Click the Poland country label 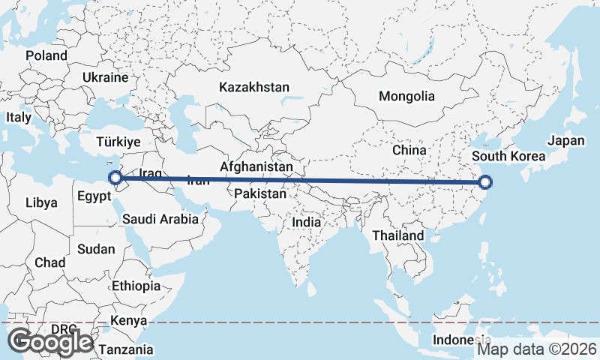[46, 55]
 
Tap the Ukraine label [106, 77]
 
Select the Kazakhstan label [254, 88]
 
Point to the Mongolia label [406, 96]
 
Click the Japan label [565, 140]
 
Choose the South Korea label [507, 157]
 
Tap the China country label [409, 150]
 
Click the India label [306, 222]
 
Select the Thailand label [397, 235]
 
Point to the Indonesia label [460, 340]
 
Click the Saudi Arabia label [160, 220]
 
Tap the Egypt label [94, 196]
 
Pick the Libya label [40, 202]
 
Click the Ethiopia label [136, 286]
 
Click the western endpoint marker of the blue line [115, 178]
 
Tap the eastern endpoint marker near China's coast [485, 181]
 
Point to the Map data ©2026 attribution [537, 349]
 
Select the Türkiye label [119, 142]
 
